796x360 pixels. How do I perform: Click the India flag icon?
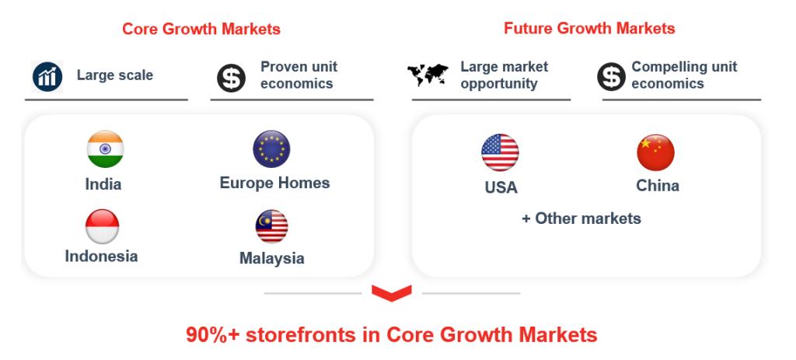click(x=105, y=149)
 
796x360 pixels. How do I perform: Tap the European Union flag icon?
click(x=271, y=149)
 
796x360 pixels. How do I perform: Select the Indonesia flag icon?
click(x=102, y=226)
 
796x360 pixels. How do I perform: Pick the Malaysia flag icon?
click(x=271, y=226)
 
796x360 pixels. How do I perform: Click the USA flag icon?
click(x=500, y=152)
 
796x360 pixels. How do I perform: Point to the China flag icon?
click(x=655, y=152)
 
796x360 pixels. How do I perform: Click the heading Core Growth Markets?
click(x=201, y=29)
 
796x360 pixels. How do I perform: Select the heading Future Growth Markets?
click(x=589, y=28)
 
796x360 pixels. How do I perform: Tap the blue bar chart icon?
click(x=47, y=77)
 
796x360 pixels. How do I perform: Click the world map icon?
click(x=428, y=75)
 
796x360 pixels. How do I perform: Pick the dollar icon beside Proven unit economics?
click(x=231, y=78)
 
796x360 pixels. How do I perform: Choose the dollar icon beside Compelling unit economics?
click(x=611, y=77)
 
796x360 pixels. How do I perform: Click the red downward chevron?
click(x=392, y=293)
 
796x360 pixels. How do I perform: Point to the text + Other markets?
click(x=581, y=218)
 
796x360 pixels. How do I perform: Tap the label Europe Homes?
click(x=274, y=183)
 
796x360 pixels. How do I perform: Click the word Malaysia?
click(x=271, y=258)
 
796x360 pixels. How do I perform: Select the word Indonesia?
click(x=101, y=256)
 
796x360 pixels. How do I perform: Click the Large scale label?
click(x=115, y=75)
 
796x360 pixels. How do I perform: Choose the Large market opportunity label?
click(x=504, y=75)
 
